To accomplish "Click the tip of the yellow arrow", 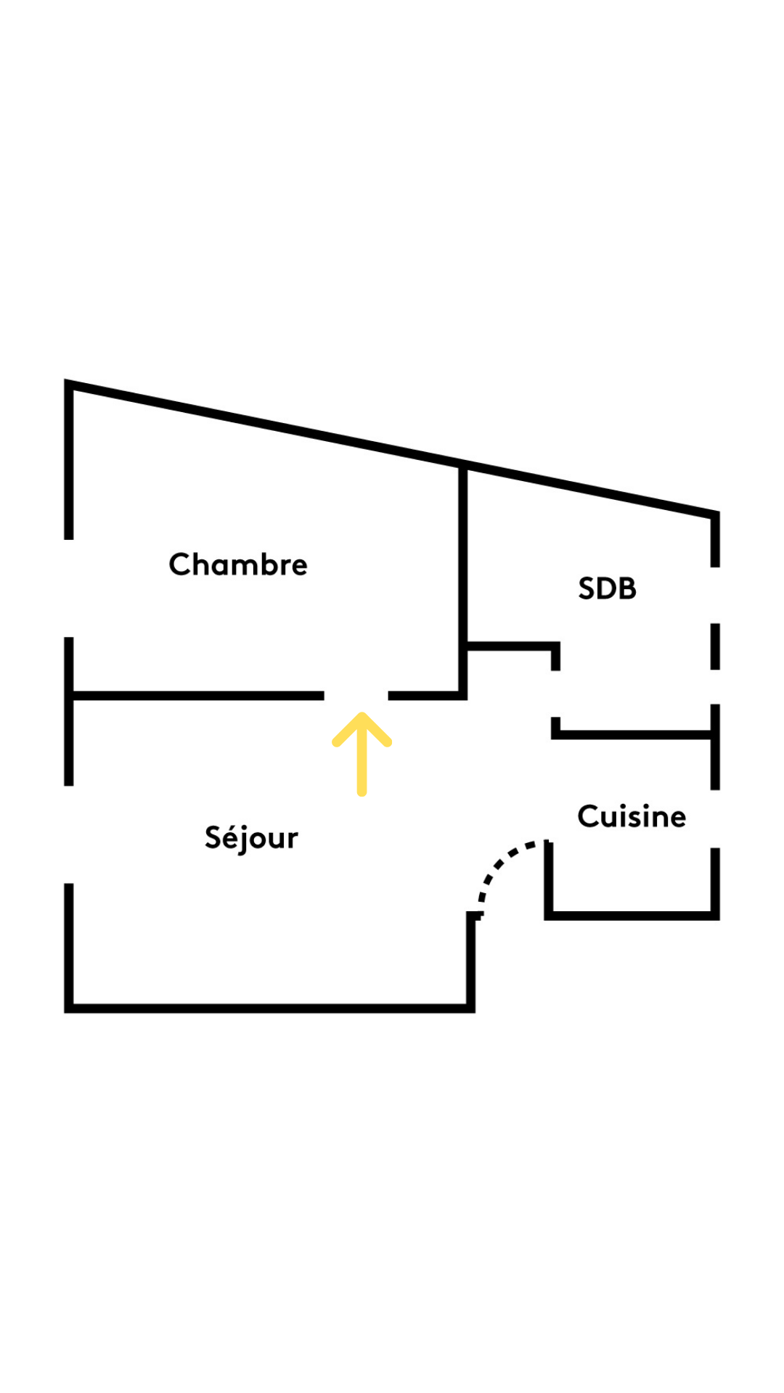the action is pos(362,715).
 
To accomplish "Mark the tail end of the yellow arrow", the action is pos(362,793).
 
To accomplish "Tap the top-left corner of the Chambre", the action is pos(69,384).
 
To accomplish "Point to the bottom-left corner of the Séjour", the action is pos(69,1008).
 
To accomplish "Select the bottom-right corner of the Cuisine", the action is pos(715,916).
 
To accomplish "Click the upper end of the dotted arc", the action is pos(548,843).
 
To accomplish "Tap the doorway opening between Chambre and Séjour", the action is pos(356,696).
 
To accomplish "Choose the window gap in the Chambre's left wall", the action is pos(69,588).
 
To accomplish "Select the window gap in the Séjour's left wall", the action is pos(69,834).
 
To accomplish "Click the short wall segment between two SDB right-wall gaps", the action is pos(715,646).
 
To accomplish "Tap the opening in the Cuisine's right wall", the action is pos(715,818).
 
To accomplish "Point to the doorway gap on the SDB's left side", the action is pos(555,694).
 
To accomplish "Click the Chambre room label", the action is pos(238,564).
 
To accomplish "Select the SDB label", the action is pos(608,588).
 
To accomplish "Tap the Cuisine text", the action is pos(632,816).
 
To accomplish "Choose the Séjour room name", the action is pos(251,838).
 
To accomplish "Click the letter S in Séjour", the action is pos(213,837).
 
